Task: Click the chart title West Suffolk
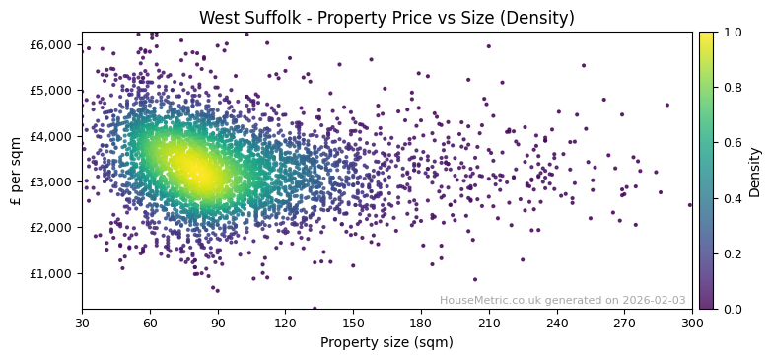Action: (x=386, y=18)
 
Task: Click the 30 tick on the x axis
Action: (x=82, y=323)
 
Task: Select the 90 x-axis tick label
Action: (x=218, y=323)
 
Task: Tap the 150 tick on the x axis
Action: (x=353, y=323)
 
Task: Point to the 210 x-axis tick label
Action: (x=489, y=323)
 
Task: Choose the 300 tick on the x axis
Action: (x=692, y=323)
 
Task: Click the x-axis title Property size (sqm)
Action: (x=386, y=343)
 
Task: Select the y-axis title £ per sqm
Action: (x=17, y=171)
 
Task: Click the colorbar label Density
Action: (x=754, y=171)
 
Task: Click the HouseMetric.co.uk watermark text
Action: (x=562, y=300)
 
